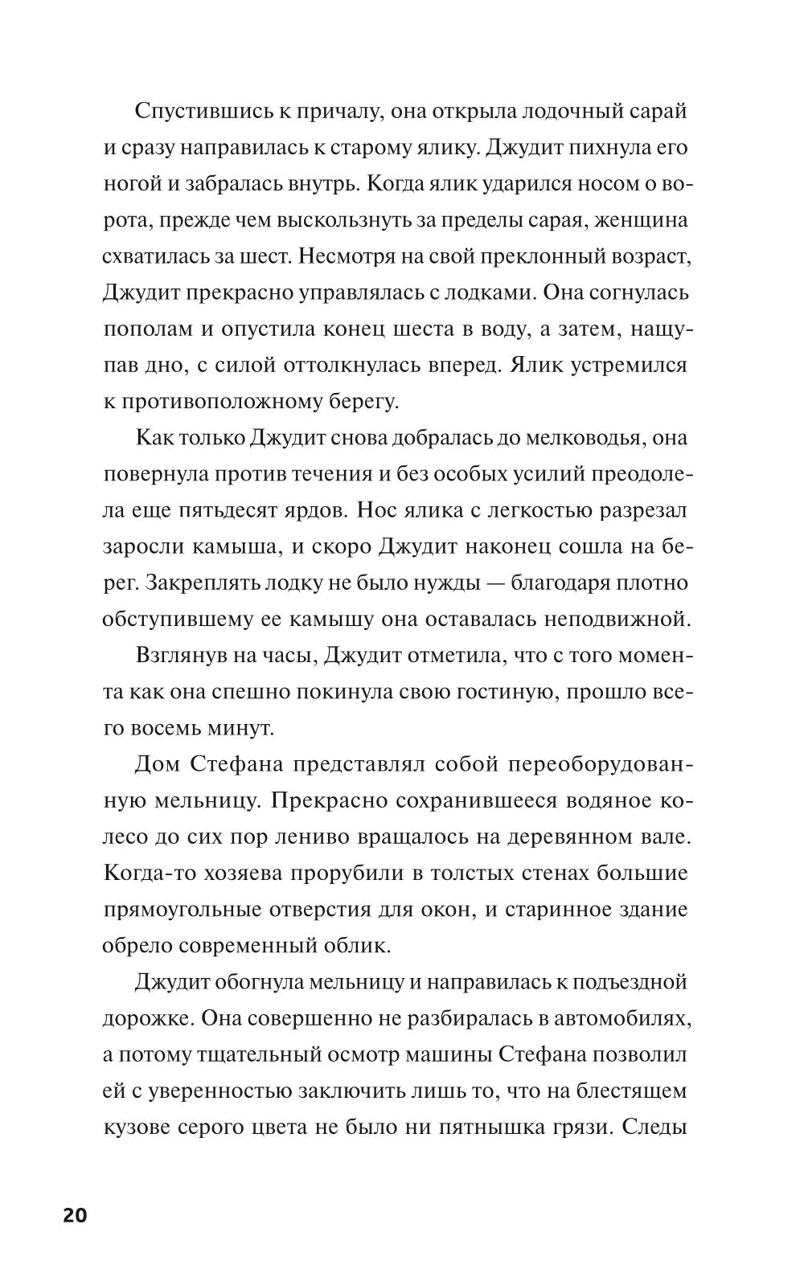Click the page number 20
pos(75,1215)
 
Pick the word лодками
pos(488,293)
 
